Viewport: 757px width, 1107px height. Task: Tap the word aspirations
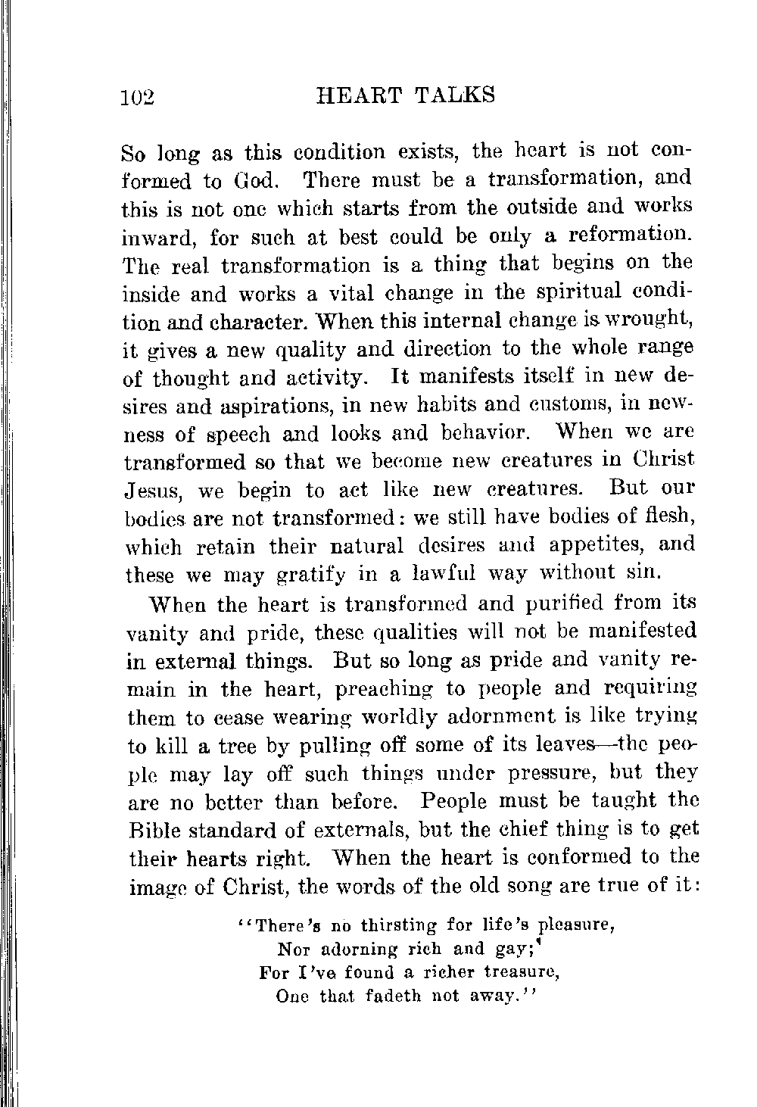tap(269, 406)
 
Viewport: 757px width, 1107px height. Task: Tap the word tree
tap(224, 746)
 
